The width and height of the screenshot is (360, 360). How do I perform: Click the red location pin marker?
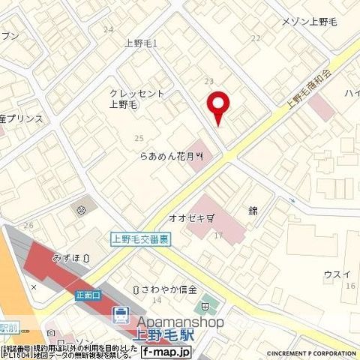218,107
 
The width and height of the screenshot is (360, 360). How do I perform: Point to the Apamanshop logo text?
179,322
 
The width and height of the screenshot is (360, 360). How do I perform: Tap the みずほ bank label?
68,257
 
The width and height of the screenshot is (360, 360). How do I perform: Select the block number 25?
138,138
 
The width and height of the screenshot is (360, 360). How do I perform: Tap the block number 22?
256,37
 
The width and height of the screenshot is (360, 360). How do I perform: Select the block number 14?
157,300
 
